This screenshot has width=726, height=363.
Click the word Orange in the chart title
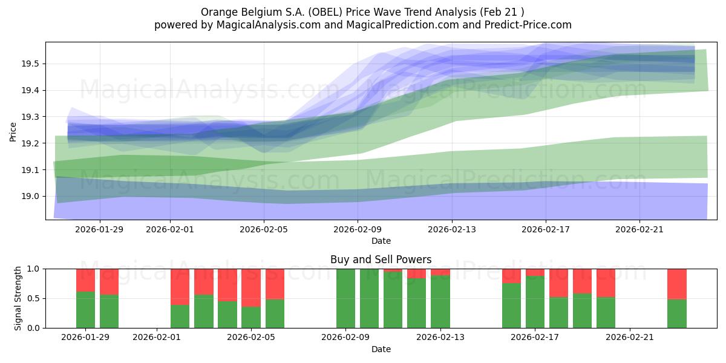coord(217,12)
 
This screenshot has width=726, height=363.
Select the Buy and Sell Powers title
coord(381,260)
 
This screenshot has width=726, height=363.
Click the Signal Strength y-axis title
coord(18,298)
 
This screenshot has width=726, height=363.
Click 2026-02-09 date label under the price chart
coord(358,229)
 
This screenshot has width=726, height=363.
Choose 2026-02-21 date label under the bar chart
coord(630,337)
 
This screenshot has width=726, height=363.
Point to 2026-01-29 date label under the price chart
coord(100,229)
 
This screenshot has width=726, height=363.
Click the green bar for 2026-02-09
coord(345,298)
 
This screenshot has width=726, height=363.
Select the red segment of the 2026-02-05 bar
coord(251,287)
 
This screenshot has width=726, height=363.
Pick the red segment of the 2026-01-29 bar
coord(85,280)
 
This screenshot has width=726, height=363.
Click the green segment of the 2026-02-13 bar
coord(440,302)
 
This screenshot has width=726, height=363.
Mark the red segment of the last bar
coord(677,284)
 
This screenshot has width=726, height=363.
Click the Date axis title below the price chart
coord(381,241)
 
